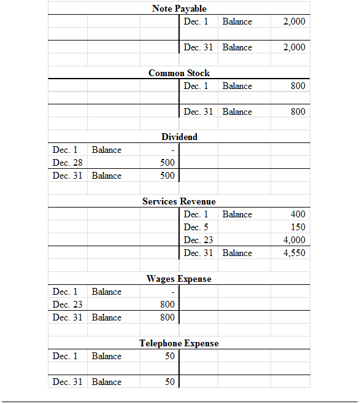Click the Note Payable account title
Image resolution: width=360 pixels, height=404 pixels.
click(179, 9)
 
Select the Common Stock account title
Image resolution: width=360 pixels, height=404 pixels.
click(179, 73)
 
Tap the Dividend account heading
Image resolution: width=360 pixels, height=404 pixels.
click(179, 137)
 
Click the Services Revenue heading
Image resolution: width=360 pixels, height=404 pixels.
click(179, 201)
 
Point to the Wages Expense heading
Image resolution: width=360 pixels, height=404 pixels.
click(179, 279)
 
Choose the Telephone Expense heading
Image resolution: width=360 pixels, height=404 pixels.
click(179, 343)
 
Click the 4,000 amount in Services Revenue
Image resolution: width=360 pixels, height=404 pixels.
click(294, 240)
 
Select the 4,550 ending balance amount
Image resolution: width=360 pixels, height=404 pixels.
click(294, 253)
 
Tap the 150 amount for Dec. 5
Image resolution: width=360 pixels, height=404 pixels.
click(297, 227)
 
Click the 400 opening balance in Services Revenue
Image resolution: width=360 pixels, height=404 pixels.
click(297, 214)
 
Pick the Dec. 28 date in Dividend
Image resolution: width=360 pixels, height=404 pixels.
click(67, 163)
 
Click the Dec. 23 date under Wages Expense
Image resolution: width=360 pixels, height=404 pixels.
click(67, 305)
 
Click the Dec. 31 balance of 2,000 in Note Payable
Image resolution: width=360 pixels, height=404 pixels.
click(294, 47)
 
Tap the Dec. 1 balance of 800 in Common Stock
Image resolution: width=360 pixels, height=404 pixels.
click(297, 86)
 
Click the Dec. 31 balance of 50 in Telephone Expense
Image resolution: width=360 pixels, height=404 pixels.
click(170, 382)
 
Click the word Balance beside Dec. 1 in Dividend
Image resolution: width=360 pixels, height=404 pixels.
click(107, 150)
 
